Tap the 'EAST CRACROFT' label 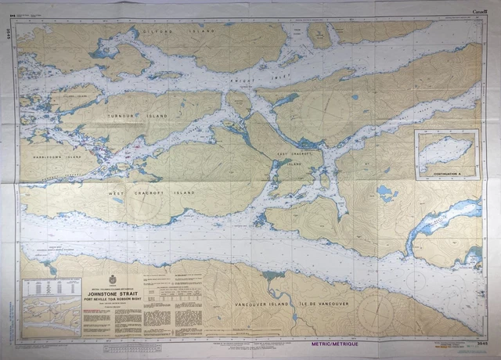click(x=295, y=154)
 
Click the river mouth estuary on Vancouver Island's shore click(x=273, y=275)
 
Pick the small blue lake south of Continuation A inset click(x=386, y=192)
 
